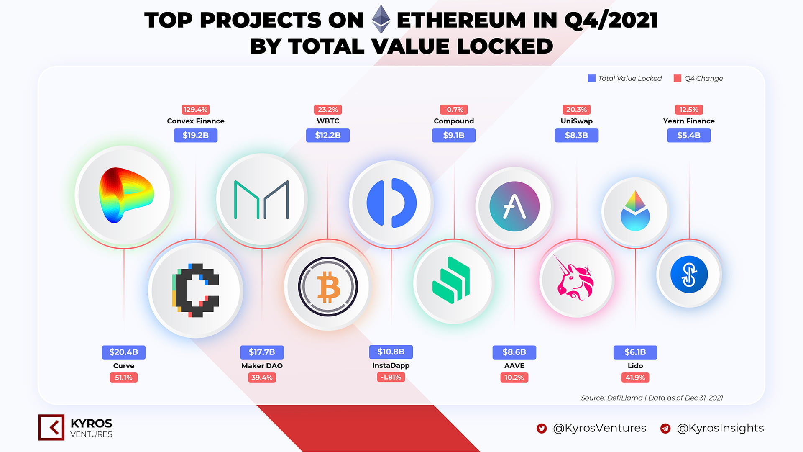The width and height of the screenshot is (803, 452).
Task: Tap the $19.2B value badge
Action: pyautogui.click(x=196, y=135)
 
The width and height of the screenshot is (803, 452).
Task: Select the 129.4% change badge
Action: pyautogui.click(x=196, y=110)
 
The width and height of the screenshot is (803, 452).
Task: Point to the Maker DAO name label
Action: pyautogui.click(x=262, y=366)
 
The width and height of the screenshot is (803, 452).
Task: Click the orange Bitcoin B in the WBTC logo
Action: pyautogui.click(x=328, y=288)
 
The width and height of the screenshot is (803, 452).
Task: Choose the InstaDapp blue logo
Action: pyautogui.click(x=391, y=203)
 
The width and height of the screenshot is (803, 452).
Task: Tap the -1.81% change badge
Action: pyautogui.click(x=391, y=377)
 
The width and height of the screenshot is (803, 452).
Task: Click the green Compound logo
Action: pyautogui.click(x=451, y=280)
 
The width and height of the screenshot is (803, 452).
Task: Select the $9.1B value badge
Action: pyautogui.click(x=454, y=135)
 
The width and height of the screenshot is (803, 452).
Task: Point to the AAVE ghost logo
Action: pyautogui.click(x=514, y=206)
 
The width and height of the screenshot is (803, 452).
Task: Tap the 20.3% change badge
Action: pyautogui.click(x=577, y=110)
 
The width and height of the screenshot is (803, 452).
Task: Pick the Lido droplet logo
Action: pyautogui.click(x=635, y=211)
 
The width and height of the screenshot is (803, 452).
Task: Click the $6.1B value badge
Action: pyautogui.click(x=635, y=352)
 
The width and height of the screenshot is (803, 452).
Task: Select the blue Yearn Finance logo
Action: pyautogui.click(x=689, y=275)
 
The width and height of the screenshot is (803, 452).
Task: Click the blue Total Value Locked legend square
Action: pyautogui.click(x=592, y=78)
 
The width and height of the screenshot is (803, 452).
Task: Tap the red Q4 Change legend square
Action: pyautogui.click(x=678, y=78)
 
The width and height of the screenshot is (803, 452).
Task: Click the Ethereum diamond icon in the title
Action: pyautogui.click(x=381, y=19)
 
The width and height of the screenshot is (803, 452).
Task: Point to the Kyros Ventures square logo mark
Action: pyautogui.click(x=51, y=427)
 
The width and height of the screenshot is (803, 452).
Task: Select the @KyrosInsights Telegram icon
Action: pyautogui.click(x=665, y=429)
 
